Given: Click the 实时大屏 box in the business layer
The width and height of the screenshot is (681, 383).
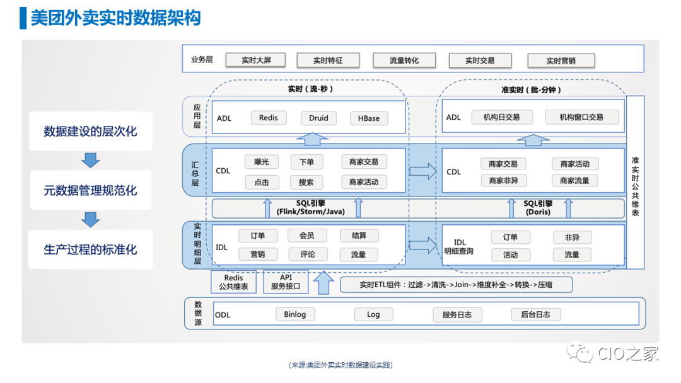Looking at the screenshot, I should click(255, 60).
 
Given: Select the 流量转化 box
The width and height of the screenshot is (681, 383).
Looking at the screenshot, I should click(404, 60).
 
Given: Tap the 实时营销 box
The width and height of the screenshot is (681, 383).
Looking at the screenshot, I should click(561, 60).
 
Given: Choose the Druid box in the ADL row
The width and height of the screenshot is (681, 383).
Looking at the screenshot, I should click(318, 118).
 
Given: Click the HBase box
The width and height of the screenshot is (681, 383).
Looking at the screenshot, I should click(369, 118).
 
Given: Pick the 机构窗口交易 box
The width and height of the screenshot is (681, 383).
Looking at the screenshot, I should click(581, 117).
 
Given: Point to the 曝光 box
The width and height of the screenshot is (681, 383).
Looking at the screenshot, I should click(262, 162).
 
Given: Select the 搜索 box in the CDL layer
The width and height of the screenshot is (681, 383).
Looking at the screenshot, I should click(307, 182).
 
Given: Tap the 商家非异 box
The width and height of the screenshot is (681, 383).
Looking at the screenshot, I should click(503, 181).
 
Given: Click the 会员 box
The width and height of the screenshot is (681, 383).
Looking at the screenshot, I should click(307, 236).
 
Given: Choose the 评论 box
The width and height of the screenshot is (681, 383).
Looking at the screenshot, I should click(307, 254).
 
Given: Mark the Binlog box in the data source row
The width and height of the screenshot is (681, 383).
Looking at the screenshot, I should click(294, 314).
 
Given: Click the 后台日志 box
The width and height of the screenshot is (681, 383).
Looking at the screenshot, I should click(535, 314).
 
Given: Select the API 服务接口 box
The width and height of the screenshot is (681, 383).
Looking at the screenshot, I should click(286, 282).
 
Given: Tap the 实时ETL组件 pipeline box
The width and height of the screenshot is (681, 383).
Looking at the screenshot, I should click(456, 284).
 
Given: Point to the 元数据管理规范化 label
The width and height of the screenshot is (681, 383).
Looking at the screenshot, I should click(90, 190).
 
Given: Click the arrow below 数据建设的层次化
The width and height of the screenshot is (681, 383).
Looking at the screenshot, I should click(91, 160).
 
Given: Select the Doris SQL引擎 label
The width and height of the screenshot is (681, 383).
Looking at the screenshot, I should click(538, 208).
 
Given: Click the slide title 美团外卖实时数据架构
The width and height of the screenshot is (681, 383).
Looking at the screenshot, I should click(115, 18).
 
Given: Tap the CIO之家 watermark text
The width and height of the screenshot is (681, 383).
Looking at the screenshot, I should click(628, 354).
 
